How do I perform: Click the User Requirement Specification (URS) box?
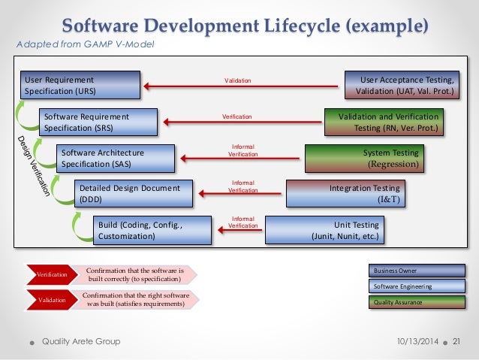point(81,84)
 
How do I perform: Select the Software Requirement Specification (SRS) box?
point(98,122)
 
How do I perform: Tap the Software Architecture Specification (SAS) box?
point(116,157)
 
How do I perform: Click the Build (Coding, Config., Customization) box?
point(150,229)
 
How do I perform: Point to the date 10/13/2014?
point(417,342)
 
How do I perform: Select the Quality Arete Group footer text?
point(81,342)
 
